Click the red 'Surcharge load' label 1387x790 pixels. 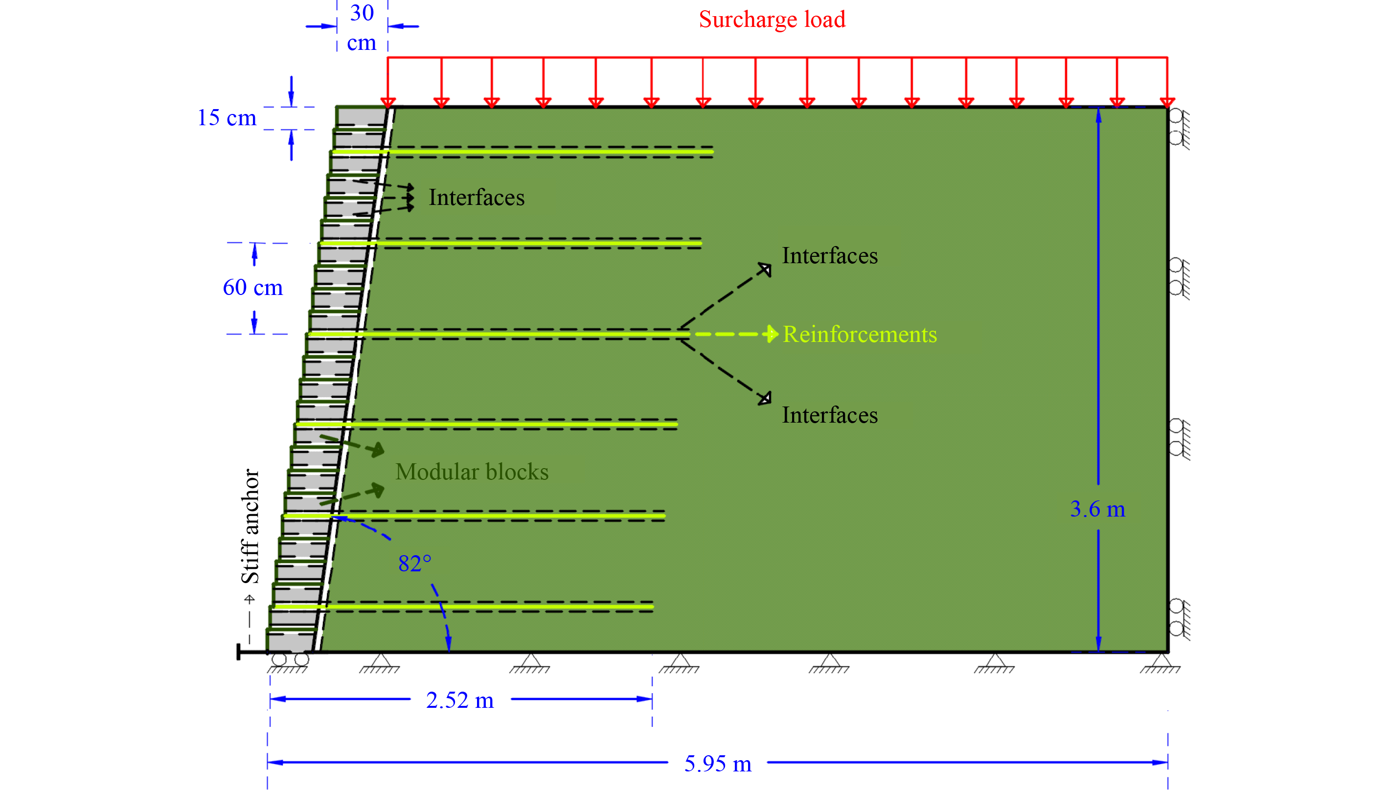pos(772,20)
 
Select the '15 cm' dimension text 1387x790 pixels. pos(227,117)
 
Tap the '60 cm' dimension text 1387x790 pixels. pos(253,287)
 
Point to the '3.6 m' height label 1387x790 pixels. pos(1097,509)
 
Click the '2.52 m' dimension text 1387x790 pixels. pos(459,700)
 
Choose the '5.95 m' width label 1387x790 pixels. pos(717,764)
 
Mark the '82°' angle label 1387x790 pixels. pos(414,563)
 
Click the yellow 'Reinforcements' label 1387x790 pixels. pos(860,334)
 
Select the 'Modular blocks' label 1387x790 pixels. pos(472,472)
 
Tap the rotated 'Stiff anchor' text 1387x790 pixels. pos(250,526)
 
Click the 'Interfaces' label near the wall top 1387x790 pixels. pos(477,198)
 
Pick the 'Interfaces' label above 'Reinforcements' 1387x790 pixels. pos(829,255)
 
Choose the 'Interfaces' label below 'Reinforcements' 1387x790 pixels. pos(829,415)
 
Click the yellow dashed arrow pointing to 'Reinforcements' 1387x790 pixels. pos(737,334)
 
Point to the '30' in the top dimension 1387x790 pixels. pos(362,13)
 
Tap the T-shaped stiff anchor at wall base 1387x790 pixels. pos(252,652)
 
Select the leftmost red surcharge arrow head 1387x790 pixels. pos(387,103)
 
